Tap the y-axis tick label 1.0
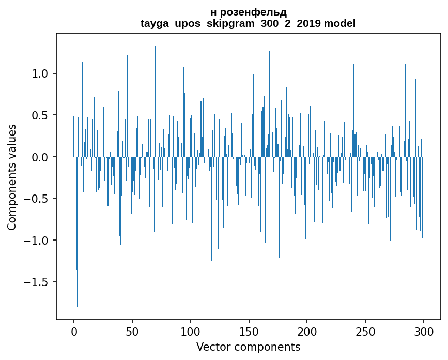click(40, 73)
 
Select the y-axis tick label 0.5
click(40, 115)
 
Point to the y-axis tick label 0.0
click(40, 157)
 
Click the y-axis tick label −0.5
click(37, 199)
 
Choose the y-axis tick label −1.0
click(37, 241)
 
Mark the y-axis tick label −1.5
click(37, 282)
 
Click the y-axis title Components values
click(12, 177)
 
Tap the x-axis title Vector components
click(248, 347)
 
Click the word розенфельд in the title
click(252, 12)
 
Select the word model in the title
click(339, 23)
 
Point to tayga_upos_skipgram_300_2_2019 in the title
click(230, 23)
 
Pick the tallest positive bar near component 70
click(156, 103)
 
